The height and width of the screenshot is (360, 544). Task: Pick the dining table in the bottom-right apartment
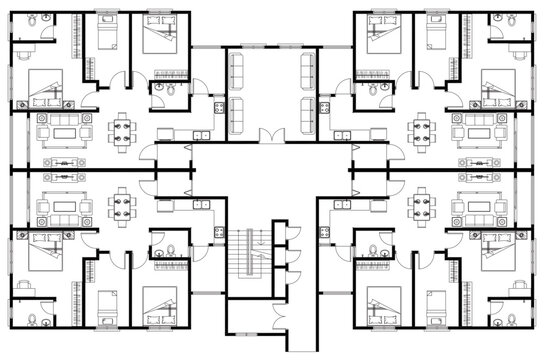click(421, 209)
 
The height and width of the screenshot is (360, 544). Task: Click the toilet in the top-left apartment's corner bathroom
click(30, 22)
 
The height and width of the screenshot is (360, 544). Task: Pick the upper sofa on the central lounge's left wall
click(238, 69)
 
